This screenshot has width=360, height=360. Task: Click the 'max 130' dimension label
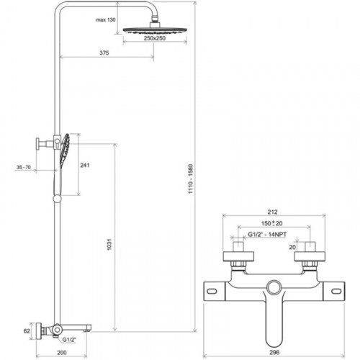pos(106,19)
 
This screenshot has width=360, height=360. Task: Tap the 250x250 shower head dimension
pos(155,38)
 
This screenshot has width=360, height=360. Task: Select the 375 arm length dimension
pos(104,53)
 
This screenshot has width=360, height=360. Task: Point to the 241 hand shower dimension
pos(85,165)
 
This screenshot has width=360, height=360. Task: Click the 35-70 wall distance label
pos(24,167)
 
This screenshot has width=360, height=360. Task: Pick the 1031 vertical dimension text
pos(109,245)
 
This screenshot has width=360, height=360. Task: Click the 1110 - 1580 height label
pos(190,179)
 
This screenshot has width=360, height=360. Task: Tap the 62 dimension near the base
pos(27,331)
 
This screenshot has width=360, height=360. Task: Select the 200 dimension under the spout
pos(62,353)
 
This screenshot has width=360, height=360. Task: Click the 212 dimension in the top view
pos(272,212)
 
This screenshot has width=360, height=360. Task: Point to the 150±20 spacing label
pos(271,223)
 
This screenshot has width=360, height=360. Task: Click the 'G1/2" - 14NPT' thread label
pos(267,234)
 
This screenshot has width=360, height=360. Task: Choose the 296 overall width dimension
pos(274,352)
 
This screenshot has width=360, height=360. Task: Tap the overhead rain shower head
pos(155,30)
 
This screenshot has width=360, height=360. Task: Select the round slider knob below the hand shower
pos(57,199)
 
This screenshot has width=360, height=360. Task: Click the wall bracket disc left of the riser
pos(37,144)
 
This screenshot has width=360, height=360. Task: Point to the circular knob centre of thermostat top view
pos(274,287)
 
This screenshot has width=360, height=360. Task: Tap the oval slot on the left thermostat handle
pos(212,292)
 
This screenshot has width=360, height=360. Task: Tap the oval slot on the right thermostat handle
pos(336,292)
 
